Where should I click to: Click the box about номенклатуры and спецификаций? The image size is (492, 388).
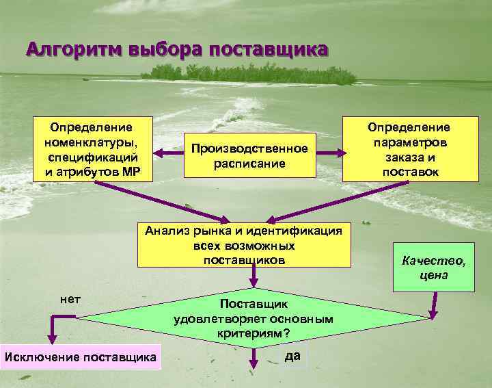(x=92, y=148)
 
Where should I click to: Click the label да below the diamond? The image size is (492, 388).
(x=292, y=355)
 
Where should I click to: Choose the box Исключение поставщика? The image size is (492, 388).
(x=81, y=357)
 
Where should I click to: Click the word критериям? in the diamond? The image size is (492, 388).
(x=254, y=333)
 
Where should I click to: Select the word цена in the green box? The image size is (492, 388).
(x=434, y=275)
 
